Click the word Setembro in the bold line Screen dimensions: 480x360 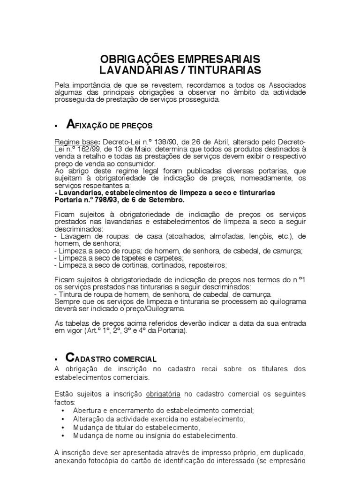tap(168, 199)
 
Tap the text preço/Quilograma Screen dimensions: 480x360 tap(158, 308)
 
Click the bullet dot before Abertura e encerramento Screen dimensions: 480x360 tap(64, 411)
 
